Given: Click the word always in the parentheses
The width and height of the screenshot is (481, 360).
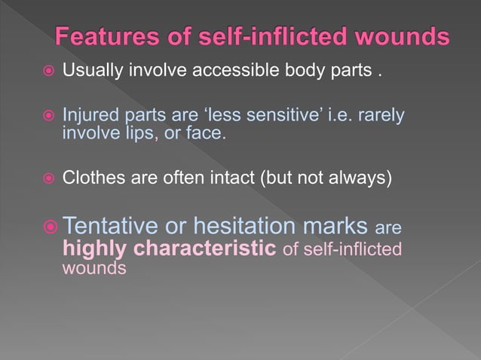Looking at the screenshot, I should click(x=360, y=178).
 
